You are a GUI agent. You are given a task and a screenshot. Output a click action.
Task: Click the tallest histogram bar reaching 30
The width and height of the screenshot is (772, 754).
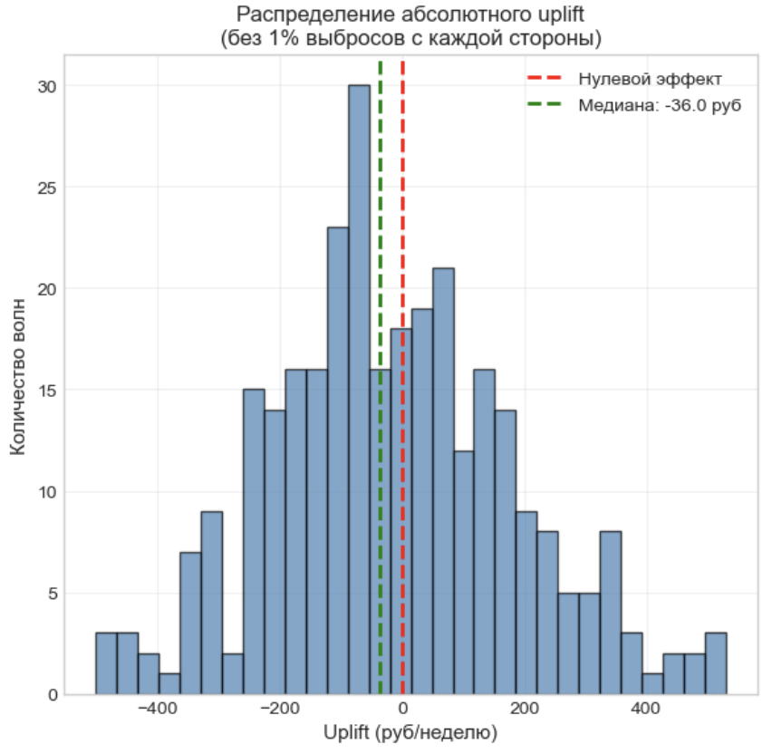coord(359,390)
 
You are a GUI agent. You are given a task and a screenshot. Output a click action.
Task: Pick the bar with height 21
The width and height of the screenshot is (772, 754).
coord(443,481)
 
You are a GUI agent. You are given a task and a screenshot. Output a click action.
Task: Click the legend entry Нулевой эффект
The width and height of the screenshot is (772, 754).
coord(650,79)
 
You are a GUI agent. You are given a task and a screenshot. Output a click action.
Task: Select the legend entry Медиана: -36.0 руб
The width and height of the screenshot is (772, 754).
coord(660,105)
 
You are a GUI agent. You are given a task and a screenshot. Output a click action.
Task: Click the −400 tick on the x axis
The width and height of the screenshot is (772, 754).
coord(159,709)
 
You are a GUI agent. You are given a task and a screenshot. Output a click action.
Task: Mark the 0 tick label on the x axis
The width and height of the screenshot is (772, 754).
coord(402,709)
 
